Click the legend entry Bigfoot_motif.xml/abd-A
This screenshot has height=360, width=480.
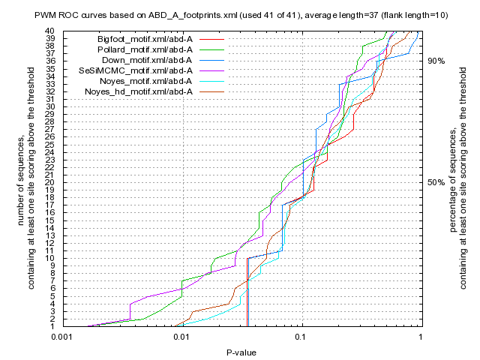click(144, 38)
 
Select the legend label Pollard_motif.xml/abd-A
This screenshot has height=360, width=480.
click(145, 49)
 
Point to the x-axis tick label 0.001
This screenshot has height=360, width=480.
click(62, 337)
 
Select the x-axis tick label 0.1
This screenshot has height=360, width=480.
click(301, 337)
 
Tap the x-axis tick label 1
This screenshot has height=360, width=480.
click(420, 337)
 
